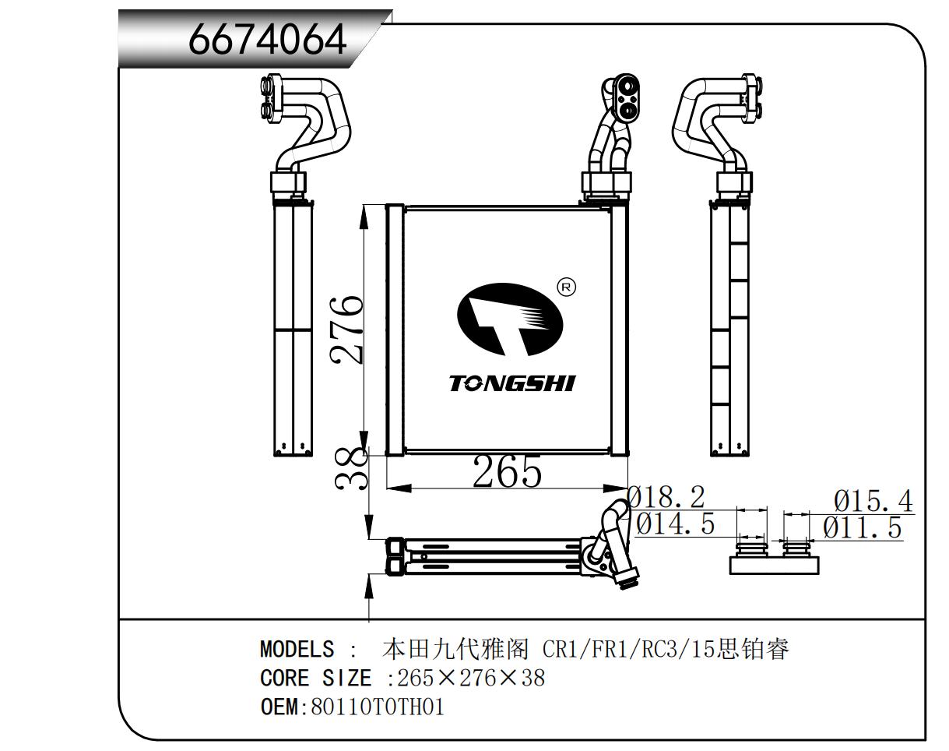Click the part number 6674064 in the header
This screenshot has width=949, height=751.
tap(268, 38)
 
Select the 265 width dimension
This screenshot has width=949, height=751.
tap(507, 472)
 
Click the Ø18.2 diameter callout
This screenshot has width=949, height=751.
tap(666, 497)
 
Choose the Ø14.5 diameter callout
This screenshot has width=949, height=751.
tap(675, 524)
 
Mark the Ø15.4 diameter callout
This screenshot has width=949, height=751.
tap(872, 500)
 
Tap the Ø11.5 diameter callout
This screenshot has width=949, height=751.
tap(862, 527)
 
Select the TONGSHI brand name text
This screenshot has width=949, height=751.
tap(512, 383)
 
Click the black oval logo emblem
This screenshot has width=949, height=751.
tap(509, 320)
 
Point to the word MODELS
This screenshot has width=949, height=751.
tap(297, 649)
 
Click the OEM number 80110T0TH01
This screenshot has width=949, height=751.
tap(378, 707)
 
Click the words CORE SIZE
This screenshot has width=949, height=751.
tap(315, 678)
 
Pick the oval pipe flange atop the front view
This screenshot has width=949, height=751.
tap(627, 93)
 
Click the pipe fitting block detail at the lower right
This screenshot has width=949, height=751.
tap(775, 559)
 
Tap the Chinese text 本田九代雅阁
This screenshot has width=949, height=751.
tap(456, 649)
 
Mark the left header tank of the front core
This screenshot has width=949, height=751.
tap(395, 330)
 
